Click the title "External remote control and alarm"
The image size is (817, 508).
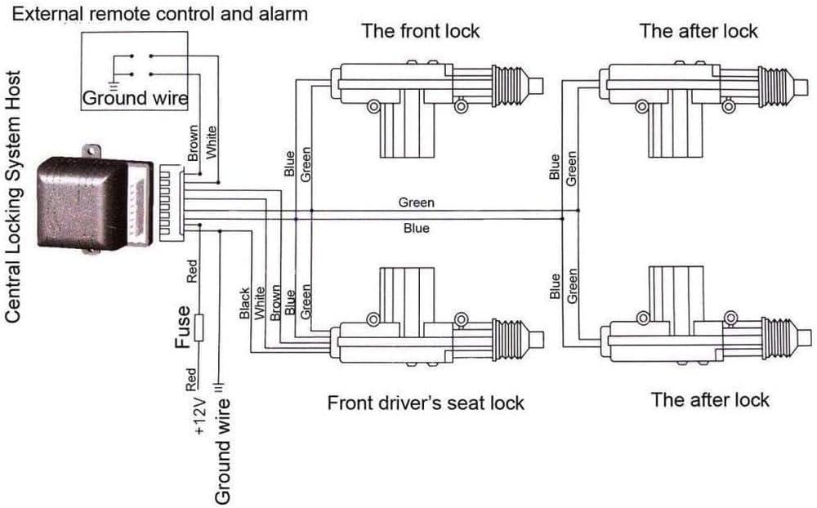(x=160, y=14)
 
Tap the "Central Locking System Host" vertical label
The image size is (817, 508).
(x=13, y=197)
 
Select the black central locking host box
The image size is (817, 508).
(x=83, y=203)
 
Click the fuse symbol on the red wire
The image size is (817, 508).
(x=199, y=328)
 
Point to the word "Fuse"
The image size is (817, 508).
(x=182, y=327)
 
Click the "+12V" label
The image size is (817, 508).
(x=200, y=416)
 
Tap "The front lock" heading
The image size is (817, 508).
(x=421, y=31)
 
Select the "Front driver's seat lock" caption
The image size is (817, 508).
(x=426, y=403)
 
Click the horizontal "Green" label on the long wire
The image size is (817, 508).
(x=417, y=203)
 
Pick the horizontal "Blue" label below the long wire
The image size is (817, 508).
(x=417, y=228)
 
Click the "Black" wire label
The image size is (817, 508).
(x=244, y=303)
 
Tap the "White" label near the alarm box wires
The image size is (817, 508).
(x=211, y=142)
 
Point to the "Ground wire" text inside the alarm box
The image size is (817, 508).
(x=135, y=98)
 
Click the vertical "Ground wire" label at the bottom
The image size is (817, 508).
(x=222, y=452)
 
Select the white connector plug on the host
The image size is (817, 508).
(x=140, y=203)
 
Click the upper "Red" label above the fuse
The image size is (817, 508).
(x=192, y=271)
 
